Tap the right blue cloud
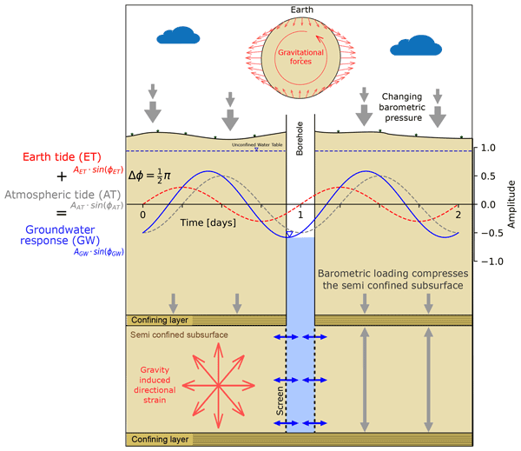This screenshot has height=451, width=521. coord(412,46)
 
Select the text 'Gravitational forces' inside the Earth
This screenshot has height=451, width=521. coord(300,57)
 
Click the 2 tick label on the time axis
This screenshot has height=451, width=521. coord(458,215)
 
